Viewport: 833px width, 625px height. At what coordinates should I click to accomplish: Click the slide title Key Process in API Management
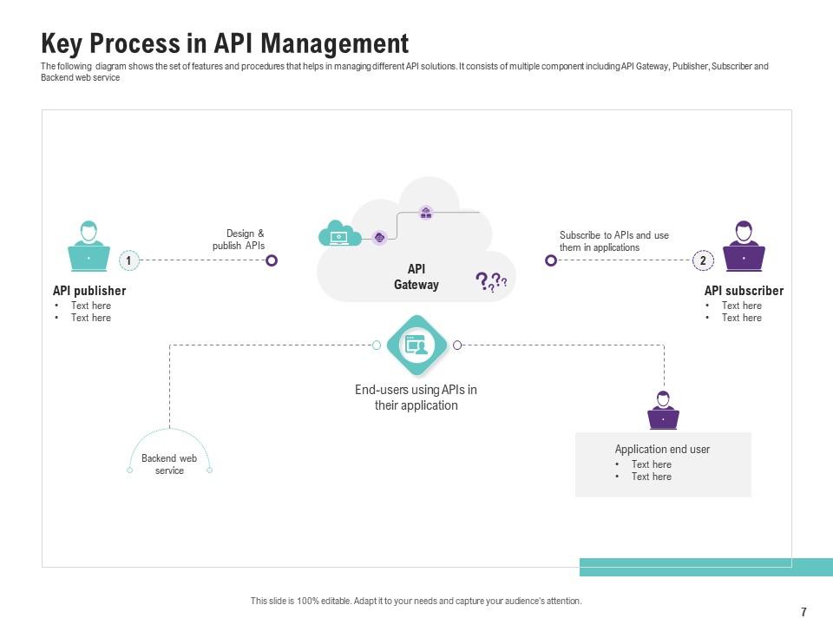[225, 43]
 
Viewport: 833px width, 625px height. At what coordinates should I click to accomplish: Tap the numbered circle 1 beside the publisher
[128, 260]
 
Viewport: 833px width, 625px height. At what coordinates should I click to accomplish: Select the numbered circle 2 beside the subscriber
[703, 260]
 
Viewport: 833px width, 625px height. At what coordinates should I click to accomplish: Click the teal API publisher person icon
[89, 247]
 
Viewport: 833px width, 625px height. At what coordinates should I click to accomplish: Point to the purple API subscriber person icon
[744, 247]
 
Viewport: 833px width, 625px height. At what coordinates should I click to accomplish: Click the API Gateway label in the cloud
[416, 277]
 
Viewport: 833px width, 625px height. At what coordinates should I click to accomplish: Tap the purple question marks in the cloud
[490, 281]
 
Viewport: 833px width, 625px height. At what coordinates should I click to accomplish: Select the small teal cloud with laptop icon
[339, 234]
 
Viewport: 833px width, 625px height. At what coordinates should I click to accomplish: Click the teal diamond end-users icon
[416, 345]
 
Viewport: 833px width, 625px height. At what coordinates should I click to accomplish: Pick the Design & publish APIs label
[240, 240]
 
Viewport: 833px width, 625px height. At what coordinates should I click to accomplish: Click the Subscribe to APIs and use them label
[613, 241]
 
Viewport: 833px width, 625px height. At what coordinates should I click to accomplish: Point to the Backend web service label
[169, 464]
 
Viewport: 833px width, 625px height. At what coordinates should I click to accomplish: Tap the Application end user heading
[662, 450]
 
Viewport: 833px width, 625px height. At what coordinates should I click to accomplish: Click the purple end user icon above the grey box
[663, 411]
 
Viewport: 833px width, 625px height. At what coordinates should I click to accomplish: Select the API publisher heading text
[89, 291]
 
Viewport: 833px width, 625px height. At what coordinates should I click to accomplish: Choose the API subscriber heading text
[744, 291]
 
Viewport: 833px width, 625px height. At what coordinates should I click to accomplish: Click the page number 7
[803, 612]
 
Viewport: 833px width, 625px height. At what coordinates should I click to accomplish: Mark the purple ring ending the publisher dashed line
[272, 260]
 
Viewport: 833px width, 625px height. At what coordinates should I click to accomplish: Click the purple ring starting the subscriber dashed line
[550, 260]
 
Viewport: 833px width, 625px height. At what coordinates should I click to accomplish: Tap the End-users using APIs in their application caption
[416, 398]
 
